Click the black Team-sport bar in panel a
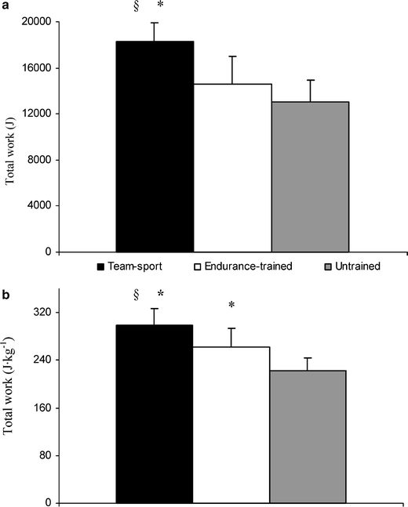pyautogui.click(x=155, y=147)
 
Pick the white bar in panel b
pyautogui.click(x=231, y=424)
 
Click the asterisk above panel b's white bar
pyautogui.click(x=231, y=306)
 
